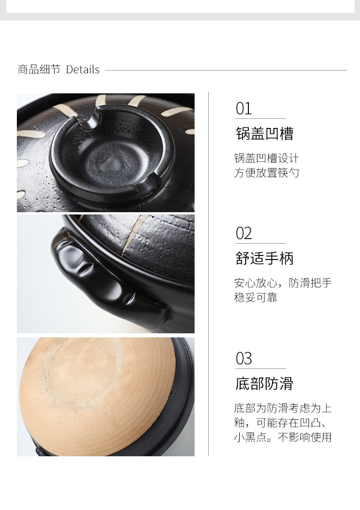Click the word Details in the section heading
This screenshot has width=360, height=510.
(x=82, y=69)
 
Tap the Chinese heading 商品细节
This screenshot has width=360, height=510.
(x=39, y=69)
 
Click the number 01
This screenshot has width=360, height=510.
(x=244, y=109)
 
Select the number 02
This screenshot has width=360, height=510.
(x=244, y=233)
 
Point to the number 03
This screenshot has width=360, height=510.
(x=244, y=358)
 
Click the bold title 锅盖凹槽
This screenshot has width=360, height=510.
(x=265, y=133)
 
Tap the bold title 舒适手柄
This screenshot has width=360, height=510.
(x=265, y=258)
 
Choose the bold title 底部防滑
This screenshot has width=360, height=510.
(x=264, y=383)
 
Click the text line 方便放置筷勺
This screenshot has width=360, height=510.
(x=267, y=173)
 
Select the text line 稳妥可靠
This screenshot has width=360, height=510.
(x=256, y=297)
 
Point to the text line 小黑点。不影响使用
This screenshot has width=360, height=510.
(x=283, y=437)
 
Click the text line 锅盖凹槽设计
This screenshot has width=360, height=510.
(x=267, y=158)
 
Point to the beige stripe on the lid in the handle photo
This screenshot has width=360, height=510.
(x=133, y=234)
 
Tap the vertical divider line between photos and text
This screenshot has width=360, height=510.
(x=208, y=274)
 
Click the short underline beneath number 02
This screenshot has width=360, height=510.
(x=261, y=243)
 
